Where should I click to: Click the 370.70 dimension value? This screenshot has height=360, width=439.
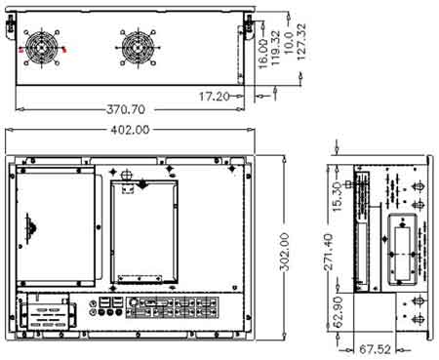tap(126, 109)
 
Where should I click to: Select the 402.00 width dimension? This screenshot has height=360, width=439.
tap(130, 130)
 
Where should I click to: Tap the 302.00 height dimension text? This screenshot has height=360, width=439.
tap(284, 252)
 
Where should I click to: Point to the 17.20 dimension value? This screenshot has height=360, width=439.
tap(214, 97)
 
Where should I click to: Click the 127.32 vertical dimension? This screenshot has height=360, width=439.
tap(301, 41)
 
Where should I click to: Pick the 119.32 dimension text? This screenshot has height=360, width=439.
tap(275, 48)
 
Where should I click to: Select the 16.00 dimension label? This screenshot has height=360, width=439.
tap(263, 54)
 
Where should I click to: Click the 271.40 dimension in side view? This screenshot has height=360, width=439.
tap(329, 252)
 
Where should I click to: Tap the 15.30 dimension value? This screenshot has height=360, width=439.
tap(338, 197)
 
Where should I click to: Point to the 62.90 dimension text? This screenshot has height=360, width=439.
tap(339, 312)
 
